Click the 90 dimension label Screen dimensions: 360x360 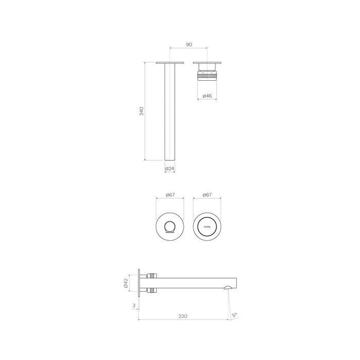point(189,45)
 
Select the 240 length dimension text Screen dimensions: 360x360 point(142,111)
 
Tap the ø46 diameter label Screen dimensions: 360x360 point(207,96)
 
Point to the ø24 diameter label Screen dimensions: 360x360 point(169,169)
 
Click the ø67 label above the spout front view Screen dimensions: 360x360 point(169,195)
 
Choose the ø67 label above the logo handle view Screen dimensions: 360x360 point(207,195)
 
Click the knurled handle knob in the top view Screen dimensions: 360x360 point(207,75)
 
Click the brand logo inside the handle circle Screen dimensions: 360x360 point(207,225)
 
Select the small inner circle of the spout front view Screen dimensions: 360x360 point(169,226)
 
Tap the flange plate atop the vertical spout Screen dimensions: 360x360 point(169,63)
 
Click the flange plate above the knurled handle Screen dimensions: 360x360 point(207,63)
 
